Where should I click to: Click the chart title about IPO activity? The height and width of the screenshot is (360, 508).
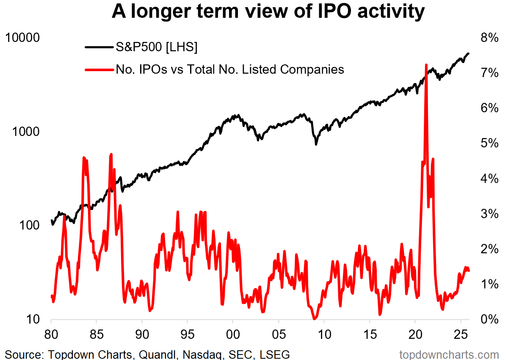(268, 13)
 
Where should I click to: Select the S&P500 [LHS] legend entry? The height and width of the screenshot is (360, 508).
(157, 48)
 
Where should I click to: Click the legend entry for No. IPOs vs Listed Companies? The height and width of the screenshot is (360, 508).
(229, 69)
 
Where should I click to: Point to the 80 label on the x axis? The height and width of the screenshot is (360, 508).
(51, 332)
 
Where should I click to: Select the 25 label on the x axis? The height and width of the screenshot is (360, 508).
(461, 332)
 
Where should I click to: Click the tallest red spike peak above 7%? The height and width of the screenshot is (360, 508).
(426, 64)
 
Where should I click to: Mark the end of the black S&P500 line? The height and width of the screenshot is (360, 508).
(469, 53)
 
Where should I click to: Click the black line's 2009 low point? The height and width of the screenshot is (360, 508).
(316, 144)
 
